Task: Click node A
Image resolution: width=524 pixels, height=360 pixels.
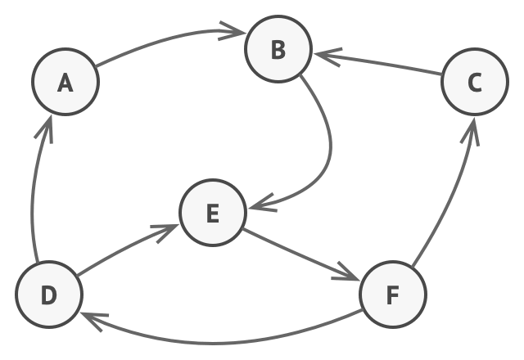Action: (65, 82)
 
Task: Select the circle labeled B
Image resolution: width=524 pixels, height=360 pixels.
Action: (278, 49)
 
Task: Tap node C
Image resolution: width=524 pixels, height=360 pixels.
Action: (475, 82)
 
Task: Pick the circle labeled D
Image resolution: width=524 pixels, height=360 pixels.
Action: (49, 295)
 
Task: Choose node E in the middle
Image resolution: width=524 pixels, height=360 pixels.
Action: (213, 213)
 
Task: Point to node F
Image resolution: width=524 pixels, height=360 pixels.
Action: (393, 295)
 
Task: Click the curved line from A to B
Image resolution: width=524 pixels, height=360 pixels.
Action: (167, 39)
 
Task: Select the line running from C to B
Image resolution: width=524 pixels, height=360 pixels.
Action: (377, 64)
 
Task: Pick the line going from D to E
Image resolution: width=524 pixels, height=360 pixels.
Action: (127, 249)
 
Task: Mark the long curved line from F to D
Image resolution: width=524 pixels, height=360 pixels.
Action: (214, 343)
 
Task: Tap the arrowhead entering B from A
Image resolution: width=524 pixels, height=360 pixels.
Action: (233, 31)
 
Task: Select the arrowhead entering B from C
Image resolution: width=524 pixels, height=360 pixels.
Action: (328, 56)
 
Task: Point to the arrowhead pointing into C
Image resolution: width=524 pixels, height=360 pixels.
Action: (471, 131)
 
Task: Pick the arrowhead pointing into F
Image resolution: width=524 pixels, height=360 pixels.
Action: (346, 272)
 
